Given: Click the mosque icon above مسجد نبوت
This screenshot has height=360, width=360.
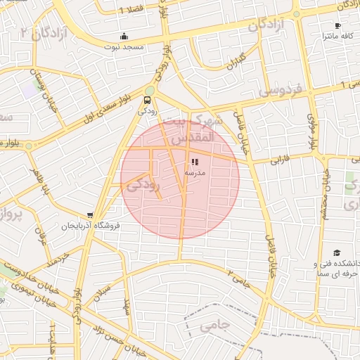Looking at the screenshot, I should (x=124, y=37).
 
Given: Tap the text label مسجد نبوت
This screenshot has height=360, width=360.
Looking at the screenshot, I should (x=124, y=46).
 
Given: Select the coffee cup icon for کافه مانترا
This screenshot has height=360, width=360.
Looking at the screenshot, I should (x=337, y=26).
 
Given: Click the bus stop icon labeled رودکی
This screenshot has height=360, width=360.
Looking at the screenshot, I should (x=148, y=101).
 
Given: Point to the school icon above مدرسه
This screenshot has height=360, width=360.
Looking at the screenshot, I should (x=195, y=162).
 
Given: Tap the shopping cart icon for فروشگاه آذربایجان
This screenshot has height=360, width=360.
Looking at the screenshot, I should (x=90, y=215).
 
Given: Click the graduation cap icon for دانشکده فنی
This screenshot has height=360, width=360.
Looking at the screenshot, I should (x=336, y=252).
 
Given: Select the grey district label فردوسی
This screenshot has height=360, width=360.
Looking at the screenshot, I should (x=279, y=91).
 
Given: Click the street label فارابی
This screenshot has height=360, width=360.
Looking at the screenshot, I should (x=287, y=159).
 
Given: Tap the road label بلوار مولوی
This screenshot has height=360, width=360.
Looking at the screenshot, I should (x=310, y=131).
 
